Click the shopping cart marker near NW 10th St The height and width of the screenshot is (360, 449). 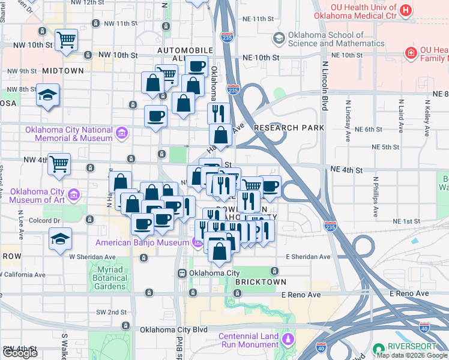pyautogui.click(x=66, y=40)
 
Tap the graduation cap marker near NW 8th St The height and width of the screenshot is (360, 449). pyautogui.click(x=47, y=95)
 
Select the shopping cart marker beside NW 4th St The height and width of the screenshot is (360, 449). pyautogui.click(x=59, y=164)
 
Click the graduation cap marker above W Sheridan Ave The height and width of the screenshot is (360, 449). pyautogui.click(x=60, y=239)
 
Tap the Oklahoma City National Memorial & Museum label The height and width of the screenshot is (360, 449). pyautogui.click(x=68, y=134)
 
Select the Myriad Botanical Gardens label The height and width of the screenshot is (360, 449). pyautogui.click(x=110, y=278)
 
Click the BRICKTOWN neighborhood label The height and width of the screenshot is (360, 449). pyautogui.click(x=261, y=281)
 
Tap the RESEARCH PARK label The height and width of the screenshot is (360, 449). pyautogui.click(x=289, y=128)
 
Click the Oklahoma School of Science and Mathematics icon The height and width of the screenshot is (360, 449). pyautogui.click(x=279, y=38)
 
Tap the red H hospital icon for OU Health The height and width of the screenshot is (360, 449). pyautogui.click(x=406, y=10)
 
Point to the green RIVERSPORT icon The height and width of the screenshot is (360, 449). pyautogui.click(x=378, y=349)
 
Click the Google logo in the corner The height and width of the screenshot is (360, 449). pyautogui.click(x=20, y=353)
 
